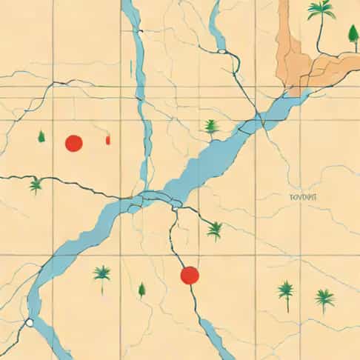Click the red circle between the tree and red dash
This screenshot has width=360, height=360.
[73, 143]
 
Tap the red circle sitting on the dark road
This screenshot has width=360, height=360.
[190, 275]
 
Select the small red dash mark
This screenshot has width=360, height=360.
[108, 139]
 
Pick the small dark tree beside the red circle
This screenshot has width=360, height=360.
[41, 136]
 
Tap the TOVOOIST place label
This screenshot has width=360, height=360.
[303, 197]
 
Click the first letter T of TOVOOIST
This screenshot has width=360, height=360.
[293, 197]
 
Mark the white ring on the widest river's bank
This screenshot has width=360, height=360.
[29, 323]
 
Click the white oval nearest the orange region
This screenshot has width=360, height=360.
[221, 52]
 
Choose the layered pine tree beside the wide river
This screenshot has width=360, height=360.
[213, 127]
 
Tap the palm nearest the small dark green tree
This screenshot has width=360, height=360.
[36, 184]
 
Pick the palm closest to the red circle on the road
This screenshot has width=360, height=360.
[215, 230]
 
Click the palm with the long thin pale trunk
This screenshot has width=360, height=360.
[101, 275]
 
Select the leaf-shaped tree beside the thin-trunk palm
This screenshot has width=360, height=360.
[141, 290]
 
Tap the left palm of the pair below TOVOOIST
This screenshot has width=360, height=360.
[286, 290]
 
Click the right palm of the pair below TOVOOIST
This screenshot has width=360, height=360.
[324, 298]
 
